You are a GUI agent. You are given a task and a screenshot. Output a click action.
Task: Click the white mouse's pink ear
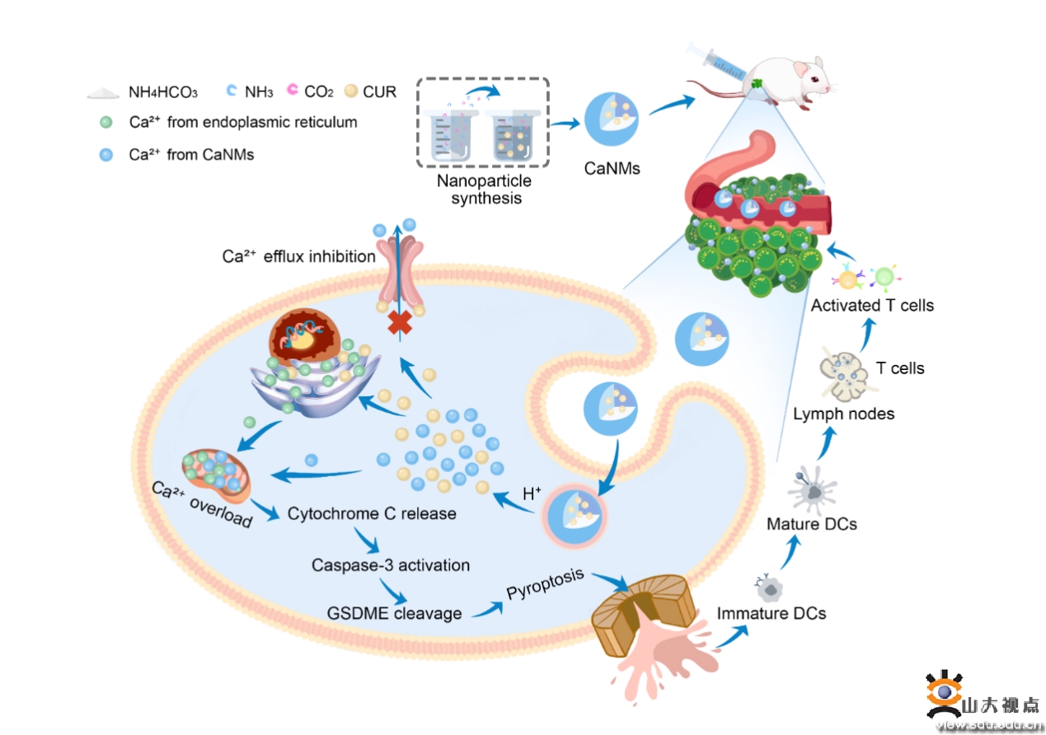click(x=800, y=69)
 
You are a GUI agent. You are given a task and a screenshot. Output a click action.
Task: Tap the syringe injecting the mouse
click(x=715, y=62)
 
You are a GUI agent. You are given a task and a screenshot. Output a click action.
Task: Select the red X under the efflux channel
click(x=400, y=322)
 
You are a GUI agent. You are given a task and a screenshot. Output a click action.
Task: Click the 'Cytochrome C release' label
click(x=372, y=513)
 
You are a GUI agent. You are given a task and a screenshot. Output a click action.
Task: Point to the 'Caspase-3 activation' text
click(x=391, y=565)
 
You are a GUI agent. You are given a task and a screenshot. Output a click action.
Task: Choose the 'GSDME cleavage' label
click(x=394, y=613)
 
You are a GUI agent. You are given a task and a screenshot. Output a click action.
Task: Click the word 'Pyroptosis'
click(x=546, y=583)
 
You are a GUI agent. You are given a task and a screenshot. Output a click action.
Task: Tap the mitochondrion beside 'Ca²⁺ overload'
click(x=216, y=475)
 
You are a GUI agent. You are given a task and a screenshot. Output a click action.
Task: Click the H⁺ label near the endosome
click(x=532, y=493)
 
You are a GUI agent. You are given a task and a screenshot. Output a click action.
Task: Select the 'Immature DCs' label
click(x=772, y=613)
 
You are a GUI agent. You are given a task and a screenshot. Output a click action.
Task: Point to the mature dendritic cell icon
click(x=813, y=491)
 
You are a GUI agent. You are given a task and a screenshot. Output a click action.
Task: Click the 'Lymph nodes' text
click(x=844, y=414)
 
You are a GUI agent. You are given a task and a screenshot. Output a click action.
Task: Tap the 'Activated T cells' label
click(x=872, y=305)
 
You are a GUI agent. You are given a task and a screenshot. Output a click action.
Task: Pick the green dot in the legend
click(x=106, y=122)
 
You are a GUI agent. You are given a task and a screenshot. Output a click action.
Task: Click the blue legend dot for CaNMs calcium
click(x=106, y=155)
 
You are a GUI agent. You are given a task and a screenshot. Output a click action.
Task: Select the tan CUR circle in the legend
click(x=351, y=91)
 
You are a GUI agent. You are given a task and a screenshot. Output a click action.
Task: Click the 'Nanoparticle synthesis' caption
click(x=485, y=190)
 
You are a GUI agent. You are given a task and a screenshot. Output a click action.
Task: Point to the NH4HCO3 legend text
click(x=163, y=92)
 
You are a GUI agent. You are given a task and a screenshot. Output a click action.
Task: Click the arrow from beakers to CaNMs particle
click(x=565, y=124)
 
